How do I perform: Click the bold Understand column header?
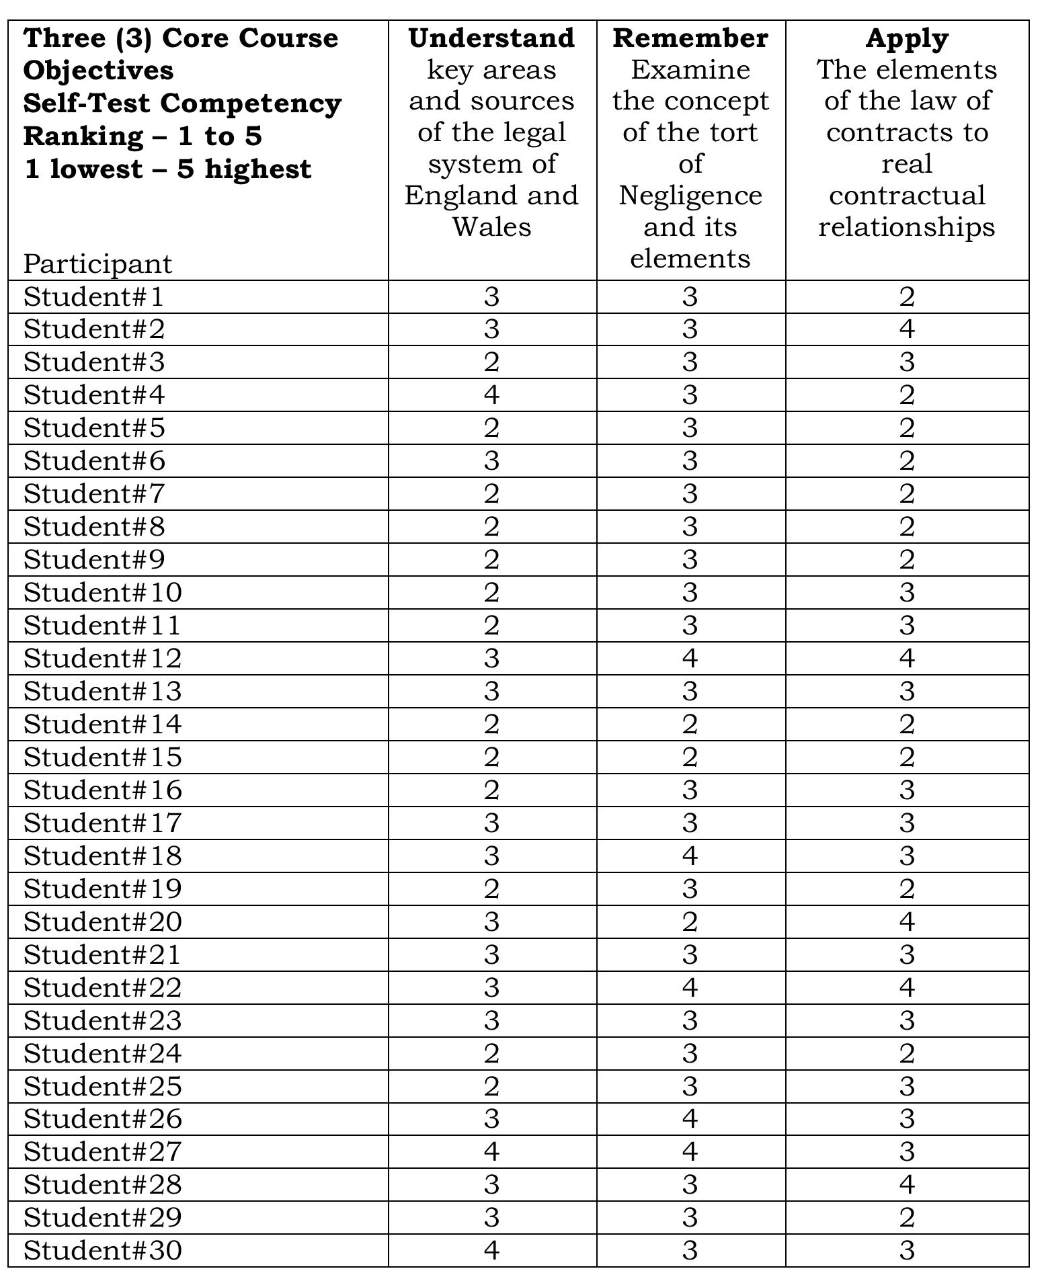tap(491, 38)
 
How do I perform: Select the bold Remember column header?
tap(690, 38)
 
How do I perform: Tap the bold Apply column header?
tap(906, 38)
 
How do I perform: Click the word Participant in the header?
tap(97, 263)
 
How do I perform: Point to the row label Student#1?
tap(93, 296)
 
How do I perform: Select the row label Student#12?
tap(102, 658)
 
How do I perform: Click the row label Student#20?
tap(102, 921)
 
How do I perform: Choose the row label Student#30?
tap(102, 1250)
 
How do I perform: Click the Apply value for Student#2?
tap(906, 329)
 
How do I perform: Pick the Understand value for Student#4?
tap(491, 395)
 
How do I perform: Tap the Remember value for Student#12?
tap(690, 658)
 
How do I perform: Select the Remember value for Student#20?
tap(690, 921)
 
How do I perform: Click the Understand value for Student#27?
tap(491, 1151)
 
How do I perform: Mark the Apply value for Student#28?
tap(906, 1184)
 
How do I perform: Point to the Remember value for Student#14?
tap(690, 724)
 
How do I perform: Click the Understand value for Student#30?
tap(491, 1250)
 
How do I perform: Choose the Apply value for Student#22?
tap(906, 987)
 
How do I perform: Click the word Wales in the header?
tap(491, 227)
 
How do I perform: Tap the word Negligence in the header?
tap(690, 196)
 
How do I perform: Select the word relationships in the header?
tap(906, 227)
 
